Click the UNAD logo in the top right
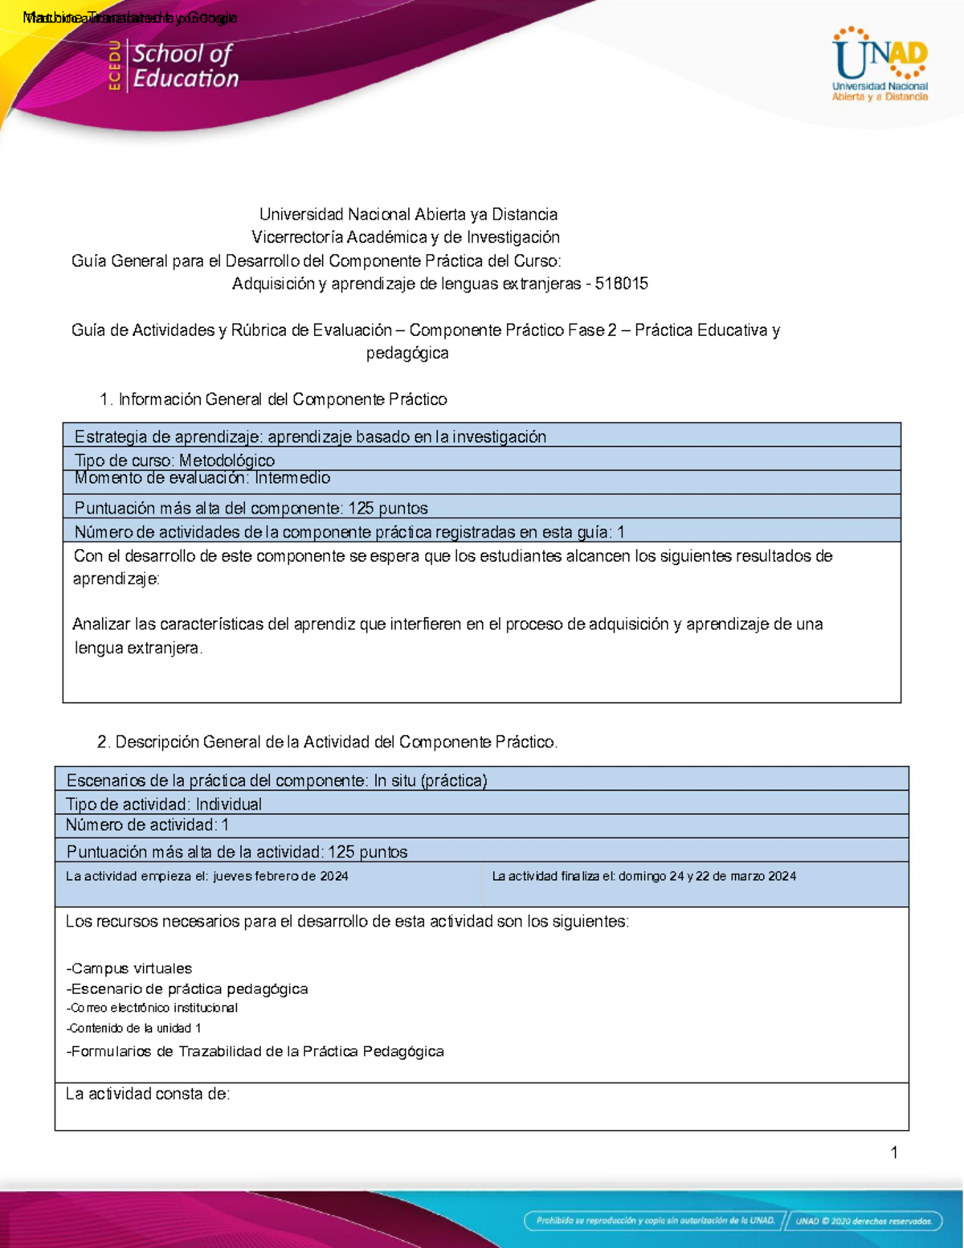pyautogui.click(x=880, y=64)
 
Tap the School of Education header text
pyautogui.click(x=185, y=66)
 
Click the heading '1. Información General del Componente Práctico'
pyautogui.click(x=273, y=399)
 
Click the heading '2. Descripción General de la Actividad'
pyautogui.click(x=327, y=742)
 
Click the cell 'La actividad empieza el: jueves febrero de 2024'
pyautogui.click(x=207, y=876)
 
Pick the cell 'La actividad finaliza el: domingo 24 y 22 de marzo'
pyautogui.click(x=643, y=876)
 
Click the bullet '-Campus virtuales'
pyautogui.click(x=129, y=968)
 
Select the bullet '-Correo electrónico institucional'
pyautogui.click(x=152, y=1008)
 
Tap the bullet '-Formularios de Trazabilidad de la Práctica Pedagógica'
pyautogui.click(x=255, y=1051)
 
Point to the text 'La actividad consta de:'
pyautogui.click(x=148, y=1094)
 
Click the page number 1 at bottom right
pyautogui.click(x=894, y=1152)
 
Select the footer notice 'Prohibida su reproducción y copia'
pyautogui.click(x=656, y=1221)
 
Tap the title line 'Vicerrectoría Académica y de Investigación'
pyautogui.click(x=406, y=237)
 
